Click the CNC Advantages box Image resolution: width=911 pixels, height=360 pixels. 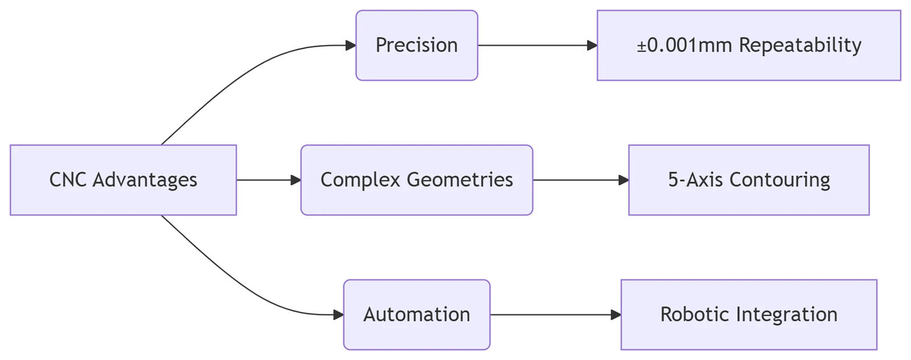[123, 180]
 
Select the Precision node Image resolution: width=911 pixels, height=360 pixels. [417, 45]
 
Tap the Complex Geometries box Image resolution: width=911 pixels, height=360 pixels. [417, 180]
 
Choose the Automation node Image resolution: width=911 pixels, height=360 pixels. [417, 314]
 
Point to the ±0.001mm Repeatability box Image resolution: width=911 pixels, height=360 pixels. [749, 45]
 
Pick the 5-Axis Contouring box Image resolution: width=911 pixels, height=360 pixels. [749, 180]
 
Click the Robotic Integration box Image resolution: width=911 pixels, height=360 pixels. [749, 314]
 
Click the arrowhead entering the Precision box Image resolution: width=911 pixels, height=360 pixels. [351, 45]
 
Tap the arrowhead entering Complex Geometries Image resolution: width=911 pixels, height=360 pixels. [296, 180]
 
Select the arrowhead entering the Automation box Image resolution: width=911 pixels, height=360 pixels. [338, 314]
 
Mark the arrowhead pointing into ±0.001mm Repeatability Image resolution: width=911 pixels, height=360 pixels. [592, 45]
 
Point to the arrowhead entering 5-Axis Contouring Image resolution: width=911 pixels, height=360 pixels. [624, 180]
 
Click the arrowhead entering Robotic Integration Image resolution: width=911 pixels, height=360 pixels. [616, 314]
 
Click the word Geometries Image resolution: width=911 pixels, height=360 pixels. [460, 180]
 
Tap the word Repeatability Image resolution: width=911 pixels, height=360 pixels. [800, 45]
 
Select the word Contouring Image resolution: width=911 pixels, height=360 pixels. [779, 180]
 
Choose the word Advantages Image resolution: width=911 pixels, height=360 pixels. [145, 180]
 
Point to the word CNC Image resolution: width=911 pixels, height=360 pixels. [68, 180]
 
